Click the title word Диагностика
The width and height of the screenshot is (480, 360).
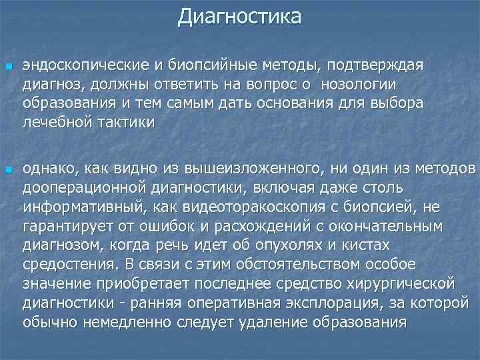pyautogui.click(x=239, y=16)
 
